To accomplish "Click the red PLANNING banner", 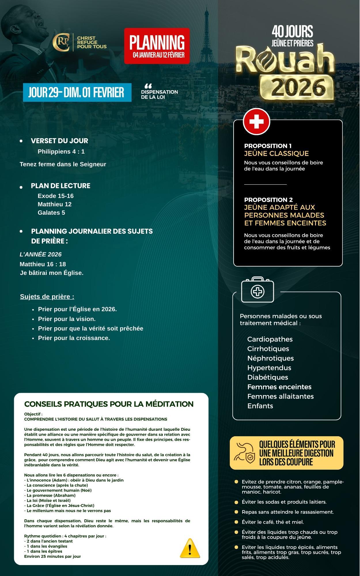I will coord(157,46).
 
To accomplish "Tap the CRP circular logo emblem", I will coord(61,43).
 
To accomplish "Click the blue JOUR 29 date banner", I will coord(77,92).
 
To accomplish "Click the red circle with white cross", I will coord(256,121).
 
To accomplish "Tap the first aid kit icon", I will coord(257,290).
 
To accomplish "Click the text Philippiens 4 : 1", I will coord(61,152).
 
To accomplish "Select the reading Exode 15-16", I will coord(56,196).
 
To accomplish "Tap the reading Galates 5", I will coord(51,213).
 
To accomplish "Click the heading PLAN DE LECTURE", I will coord(60,186).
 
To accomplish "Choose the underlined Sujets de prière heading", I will coord(47,297).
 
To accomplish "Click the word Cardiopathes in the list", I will coord(270,339).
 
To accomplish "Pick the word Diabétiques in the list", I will coord(268,377).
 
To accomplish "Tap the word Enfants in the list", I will coord(260,406).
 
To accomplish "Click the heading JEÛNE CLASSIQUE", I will coord(276,153).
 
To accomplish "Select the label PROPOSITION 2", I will coord(268,200).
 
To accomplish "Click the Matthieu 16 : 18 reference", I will coord(43,264).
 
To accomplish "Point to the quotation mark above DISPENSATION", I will coord(148,86).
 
